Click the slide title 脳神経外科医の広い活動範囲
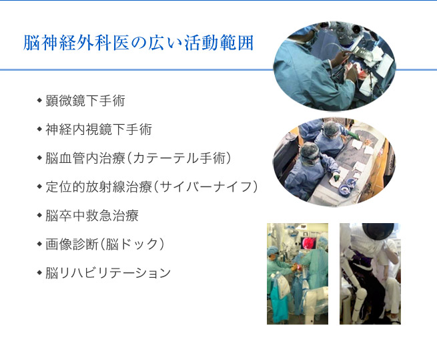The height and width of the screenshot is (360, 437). pos(138,43)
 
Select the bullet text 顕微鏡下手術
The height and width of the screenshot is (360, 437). pos(85,101)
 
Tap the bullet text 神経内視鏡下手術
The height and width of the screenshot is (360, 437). pos(99,130)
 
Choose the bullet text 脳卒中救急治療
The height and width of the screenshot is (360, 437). pos(92,216)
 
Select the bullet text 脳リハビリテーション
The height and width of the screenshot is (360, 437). pos(108,273)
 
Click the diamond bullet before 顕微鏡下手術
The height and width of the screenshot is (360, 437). pos(39,100)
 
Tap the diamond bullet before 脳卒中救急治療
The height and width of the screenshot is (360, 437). pos(39,215)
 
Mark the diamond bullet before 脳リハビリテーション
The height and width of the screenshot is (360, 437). pos(39,273)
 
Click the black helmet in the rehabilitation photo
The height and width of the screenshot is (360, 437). pos(378,231)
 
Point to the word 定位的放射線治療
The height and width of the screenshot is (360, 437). pos(99,187)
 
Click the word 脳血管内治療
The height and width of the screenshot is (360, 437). pos(85,158)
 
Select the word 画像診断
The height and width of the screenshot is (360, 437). pos(72,244)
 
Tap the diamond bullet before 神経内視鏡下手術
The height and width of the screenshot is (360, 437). pos(39,129)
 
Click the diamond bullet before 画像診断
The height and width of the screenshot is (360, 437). pos(39,244)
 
